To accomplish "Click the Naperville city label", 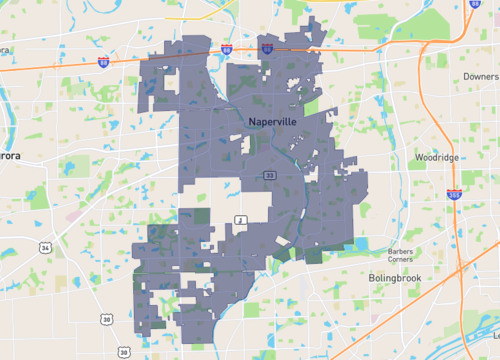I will click(272, 120).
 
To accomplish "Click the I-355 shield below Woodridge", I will click(455, 197).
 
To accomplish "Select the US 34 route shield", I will click(46, 246).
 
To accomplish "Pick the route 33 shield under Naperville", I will click(270, 176).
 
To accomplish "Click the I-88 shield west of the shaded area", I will click(104, 61).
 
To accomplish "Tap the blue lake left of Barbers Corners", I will click(360, 245).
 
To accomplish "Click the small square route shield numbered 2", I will click(239, 219).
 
